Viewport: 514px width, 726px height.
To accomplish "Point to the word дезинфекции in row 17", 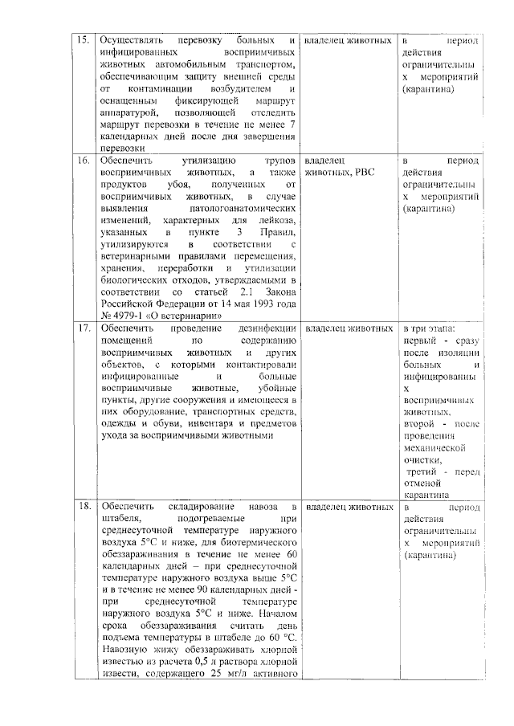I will pyautogui.click(x=267, y=328).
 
